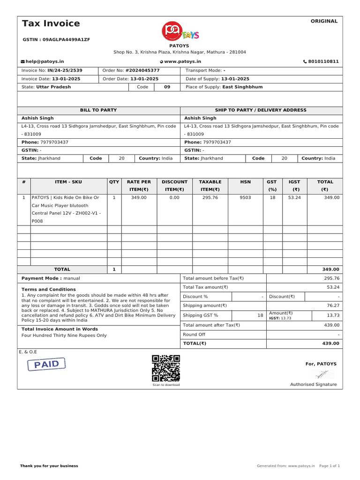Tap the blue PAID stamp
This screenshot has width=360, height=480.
(x=46, y=364)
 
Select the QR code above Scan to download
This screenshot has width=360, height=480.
(x=166, y=368)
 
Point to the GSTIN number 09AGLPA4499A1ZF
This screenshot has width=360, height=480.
(x=56, y=40)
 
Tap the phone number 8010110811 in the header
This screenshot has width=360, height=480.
(x=323, y=61)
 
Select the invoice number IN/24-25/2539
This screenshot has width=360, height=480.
(x=65, y=70)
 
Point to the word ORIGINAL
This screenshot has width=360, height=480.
(x=324, y=21)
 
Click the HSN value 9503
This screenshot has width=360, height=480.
(x=245, y=198)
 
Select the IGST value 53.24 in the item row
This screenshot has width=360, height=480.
(x=294, y=198)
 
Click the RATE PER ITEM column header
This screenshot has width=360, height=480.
(x=139, y=186)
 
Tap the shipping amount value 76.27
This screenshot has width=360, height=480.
(x=333, y=306)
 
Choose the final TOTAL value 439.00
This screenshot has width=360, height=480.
(x=330, y=344)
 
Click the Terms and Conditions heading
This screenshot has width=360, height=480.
(x=48, y=290)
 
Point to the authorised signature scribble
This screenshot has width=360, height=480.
(x=322, y=374)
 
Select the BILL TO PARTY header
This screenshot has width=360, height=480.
(x=98, y=110)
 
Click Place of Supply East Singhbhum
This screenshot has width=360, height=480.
(x=224, y=87)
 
